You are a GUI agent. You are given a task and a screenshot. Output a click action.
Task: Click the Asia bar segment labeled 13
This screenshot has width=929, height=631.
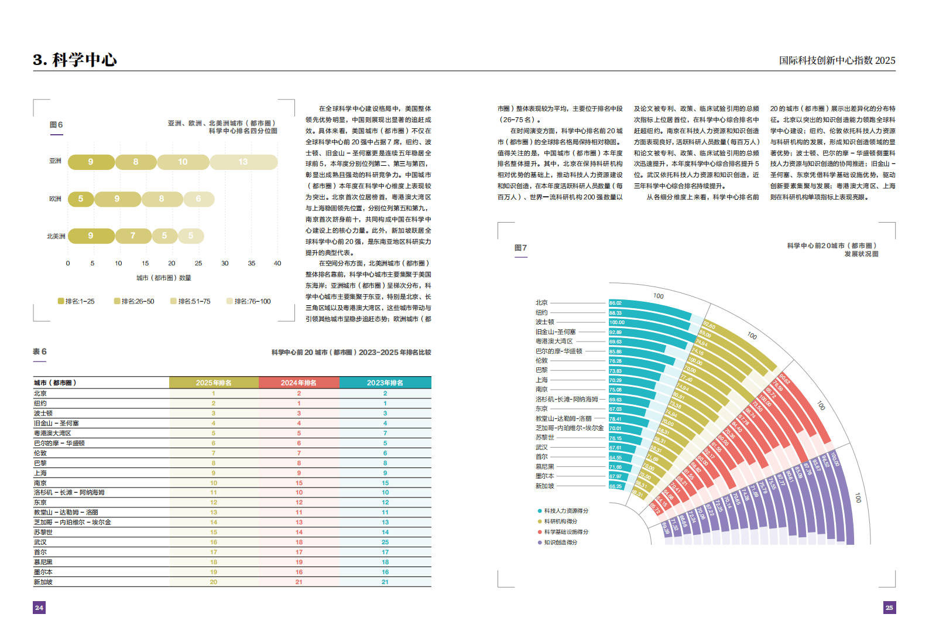(243, 162)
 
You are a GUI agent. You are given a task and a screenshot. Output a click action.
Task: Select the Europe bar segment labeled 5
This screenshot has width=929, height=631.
(81, 199)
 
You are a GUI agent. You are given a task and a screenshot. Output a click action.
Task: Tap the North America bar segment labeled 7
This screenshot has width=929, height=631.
(133, 236)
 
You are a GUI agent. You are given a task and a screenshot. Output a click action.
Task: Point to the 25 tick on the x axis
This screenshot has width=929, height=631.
(198, 263)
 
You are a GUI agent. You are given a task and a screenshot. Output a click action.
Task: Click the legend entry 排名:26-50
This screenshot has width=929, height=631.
(134, 301)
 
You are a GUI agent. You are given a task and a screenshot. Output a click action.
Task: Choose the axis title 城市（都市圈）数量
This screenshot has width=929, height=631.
(164, 278)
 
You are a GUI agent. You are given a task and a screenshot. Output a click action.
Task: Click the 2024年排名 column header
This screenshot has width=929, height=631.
(299, 383)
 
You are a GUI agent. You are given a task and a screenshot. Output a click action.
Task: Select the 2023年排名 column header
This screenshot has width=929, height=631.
(385, 383)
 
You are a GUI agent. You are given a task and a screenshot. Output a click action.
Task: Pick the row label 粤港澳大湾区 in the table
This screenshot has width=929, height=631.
(52, 433)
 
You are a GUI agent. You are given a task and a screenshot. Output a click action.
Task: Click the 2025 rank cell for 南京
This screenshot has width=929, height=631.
(214, 483)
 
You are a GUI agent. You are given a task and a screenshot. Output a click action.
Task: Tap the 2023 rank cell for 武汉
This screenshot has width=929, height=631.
(385, 543)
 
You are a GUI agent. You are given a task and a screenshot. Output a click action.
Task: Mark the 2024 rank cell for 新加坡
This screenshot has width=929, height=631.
(299, 582)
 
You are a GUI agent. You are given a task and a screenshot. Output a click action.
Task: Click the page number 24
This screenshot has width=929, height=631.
(39, 608)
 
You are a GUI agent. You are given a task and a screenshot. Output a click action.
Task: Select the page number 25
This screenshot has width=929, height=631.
(889, 608)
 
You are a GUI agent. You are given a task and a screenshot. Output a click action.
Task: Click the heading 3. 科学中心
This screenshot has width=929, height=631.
(75, 60)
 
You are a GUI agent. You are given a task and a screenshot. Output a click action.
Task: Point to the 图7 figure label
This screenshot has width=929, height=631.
(520, 248)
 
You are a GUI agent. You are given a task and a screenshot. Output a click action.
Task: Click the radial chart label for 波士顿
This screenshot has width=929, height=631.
(544, 322)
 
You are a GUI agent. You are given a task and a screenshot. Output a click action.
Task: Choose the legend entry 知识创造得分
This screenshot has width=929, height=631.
(560, 543)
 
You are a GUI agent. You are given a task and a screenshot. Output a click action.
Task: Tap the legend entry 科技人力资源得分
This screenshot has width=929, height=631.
(565, 511)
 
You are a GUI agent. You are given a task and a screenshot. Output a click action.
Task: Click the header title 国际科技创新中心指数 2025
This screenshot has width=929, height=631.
(837, 60)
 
